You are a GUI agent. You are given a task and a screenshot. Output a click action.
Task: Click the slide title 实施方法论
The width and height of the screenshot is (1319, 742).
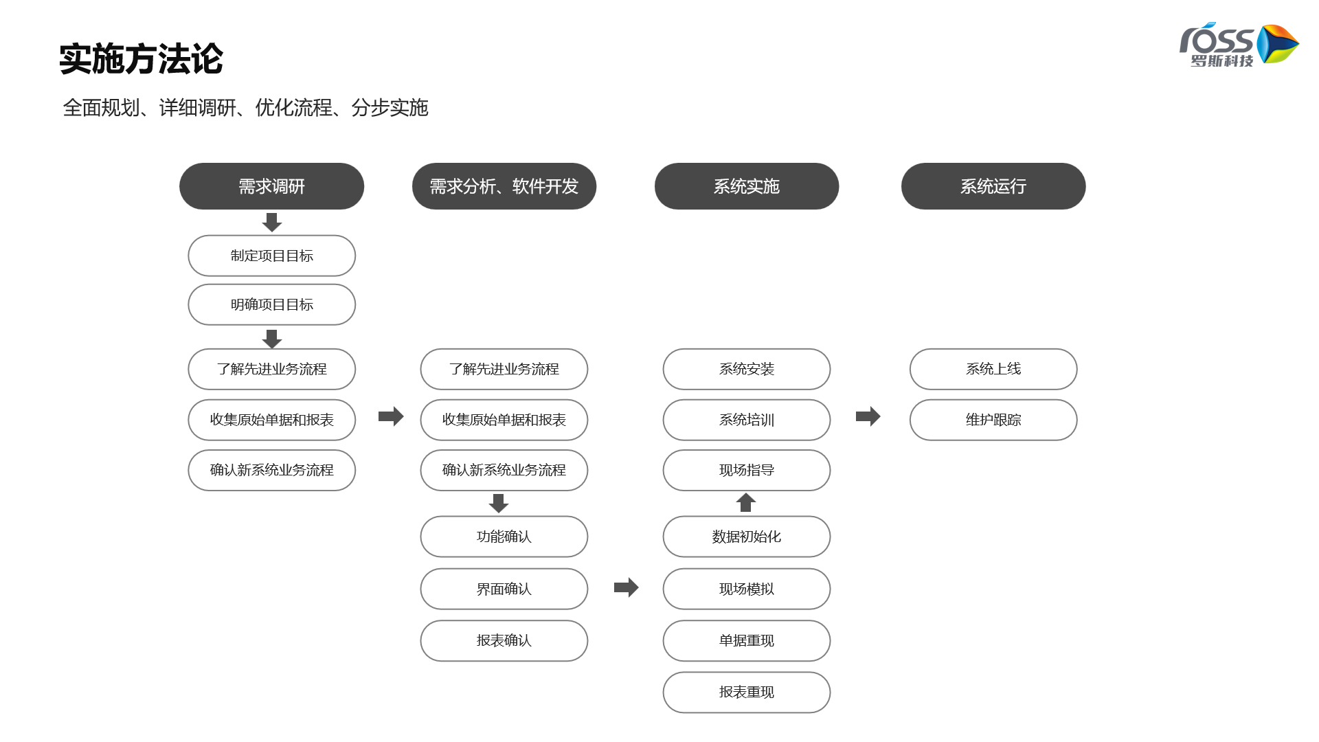point(141,59)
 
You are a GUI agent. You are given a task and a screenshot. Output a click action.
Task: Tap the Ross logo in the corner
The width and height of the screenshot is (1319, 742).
point(1239,45)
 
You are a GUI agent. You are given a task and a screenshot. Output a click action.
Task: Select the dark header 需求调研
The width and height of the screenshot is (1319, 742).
point(271,186)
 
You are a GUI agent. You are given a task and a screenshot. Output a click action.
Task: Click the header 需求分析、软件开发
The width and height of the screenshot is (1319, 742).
point(504,186)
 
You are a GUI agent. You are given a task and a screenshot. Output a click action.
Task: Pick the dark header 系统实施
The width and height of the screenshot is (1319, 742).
point(747,186)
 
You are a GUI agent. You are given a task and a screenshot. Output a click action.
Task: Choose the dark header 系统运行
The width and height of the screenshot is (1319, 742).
point(993,186)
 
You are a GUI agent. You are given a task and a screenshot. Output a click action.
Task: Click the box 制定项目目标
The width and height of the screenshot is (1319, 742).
point(271,256)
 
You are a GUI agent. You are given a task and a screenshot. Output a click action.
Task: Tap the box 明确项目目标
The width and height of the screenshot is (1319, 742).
point(271,304)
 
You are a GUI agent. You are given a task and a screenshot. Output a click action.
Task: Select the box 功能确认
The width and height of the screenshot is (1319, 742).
point(504,537)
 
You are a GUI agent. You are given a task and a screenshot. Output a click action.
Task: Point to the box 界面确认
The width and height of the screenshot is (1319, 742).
point(504,589)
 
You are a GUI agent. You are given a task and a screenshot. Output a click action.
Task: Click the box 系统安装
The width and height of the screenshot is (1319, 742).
point(747,369)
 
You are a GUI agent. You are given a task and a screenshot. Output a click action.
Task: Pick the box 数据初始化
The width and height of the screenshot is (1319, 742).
point(747,537)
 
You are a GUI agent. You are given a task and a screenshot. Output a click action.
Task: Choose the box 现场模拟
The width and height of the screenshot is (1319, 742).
point(747,589)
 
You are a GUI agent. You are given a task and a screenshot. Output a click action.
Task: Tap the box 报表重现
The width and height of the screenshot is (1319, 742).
point(747,693)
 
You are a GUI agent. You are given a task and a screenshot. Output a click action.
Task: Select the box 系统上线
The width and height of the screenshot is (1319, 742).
point(993,369)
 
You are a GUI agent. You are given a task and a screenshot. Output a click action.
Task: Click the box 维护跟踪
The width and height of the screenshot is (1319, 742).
point(993,420)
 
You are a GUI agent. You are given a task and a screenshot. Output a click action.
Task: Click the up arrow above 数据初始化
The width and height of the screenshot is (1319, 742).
point(746,502)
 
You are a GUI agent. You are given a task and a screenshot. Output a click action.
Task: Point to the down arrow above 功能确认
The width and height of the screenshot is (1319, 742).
point(499,504)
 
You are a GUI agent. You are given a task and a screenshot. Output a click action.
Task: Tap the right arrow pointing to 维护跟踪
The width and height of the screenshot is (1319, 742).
point(868,416)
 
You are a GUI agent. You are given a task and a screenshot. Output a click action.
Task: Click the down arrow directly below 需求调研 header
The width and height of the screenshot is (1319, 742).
point(272,222)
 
